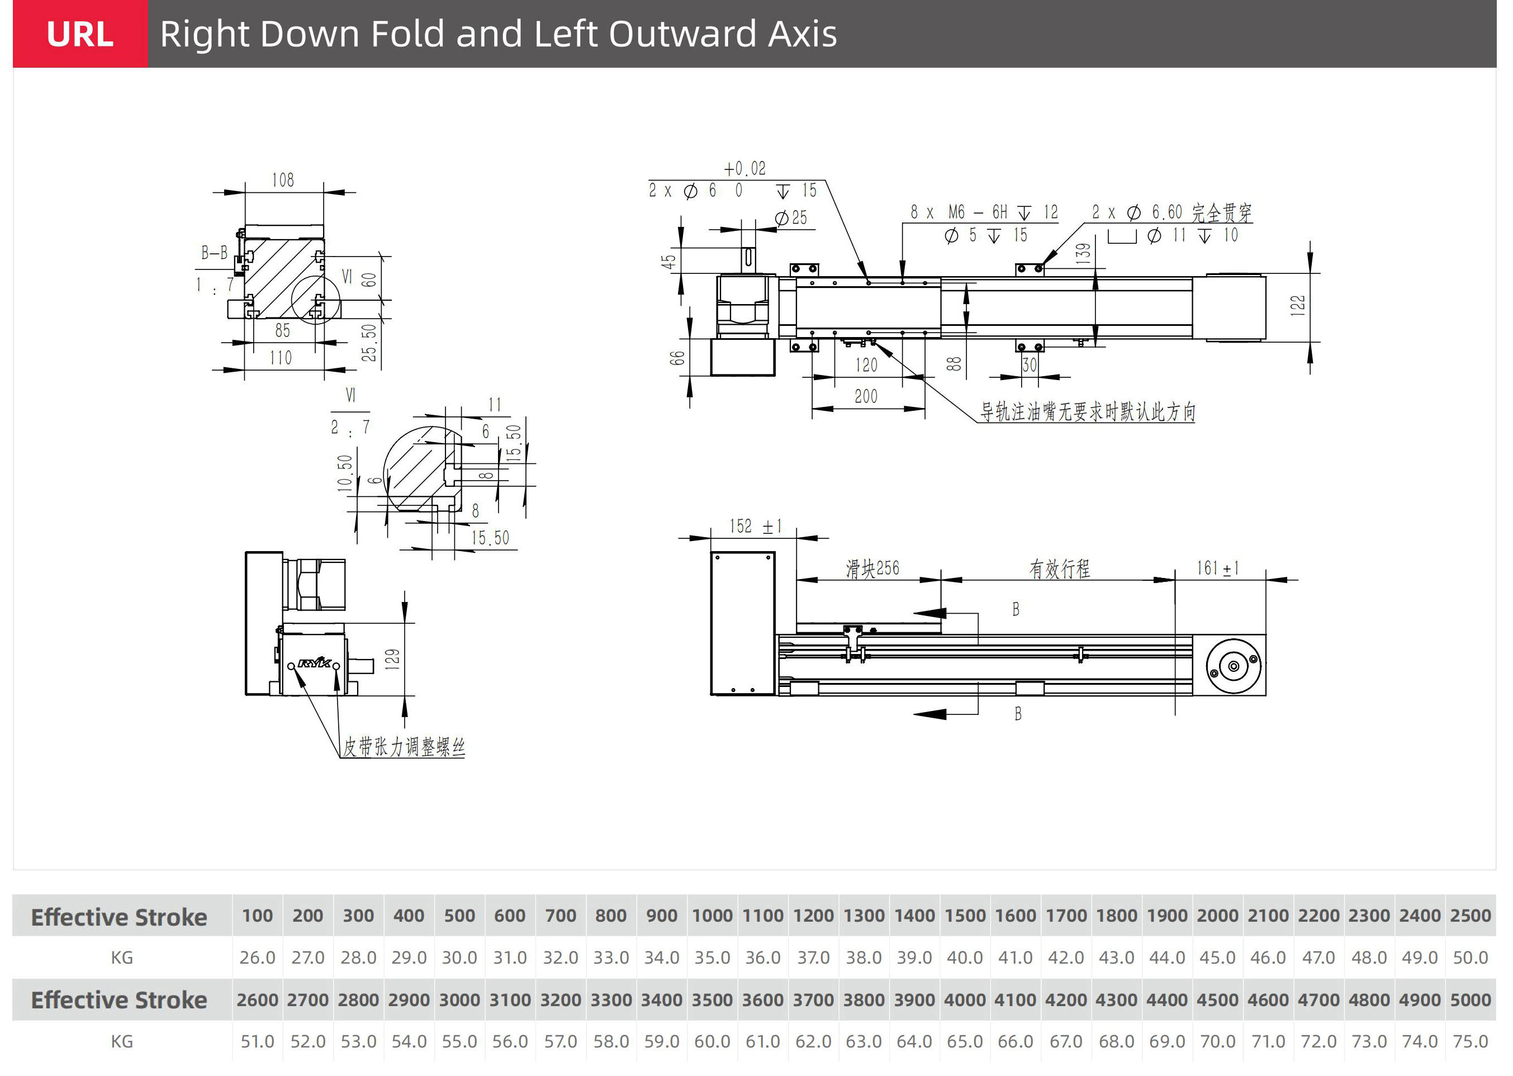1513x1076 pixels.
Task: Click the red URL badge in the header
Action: pyautogui.click(x=80, y=34)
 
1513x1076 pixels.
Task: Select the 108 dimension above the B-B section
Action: pyautogui.click(x=283, y=180)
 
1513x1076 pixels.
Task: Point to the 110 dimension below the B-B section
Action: pyautogui.click(x=281, y=358)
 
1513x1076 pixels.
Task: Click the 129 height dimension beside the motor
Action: pyautogui.click(x=392, y=659)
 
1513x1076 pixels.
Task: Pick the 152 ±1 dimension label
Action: pyautogui.click(x=756, y=527)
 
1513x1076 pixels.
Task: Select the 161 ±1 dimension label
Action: pyautogui.click(x=1217, y=568)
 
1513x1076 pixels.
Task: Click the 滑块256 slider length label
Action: pyautogui.click(x=872, y=568)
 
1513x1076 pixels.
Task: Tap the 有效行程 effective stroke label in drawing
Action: pyautogui.click(x=1059, y=568)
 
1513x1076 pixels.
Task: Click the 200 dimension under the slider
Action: pyautogui.click(x=866, y=397)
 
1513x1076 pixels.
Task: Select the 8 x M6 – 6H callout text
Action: pyautogui.click(x=984, y=212)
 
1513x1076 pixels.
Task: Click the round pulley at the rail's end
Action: pyautogui.click(x=1234, y=666)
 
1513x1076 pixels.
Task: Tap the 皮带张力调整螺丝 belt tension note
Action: pyautogui.click(x=404, y=747)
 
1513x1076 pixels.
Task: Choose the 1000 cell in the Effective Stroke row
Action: pyautogui.click(x=712, y=916)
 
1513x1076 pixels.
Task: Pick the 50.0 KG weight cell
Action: pyautogui.click(x=1470, y=958)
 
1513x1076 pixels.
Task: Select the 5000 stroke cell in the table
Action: pyautogui.click(x=1470, y=1000)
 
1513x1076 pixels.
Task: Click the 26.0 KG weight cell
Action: pyautogui.click(x=257, y=958)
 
